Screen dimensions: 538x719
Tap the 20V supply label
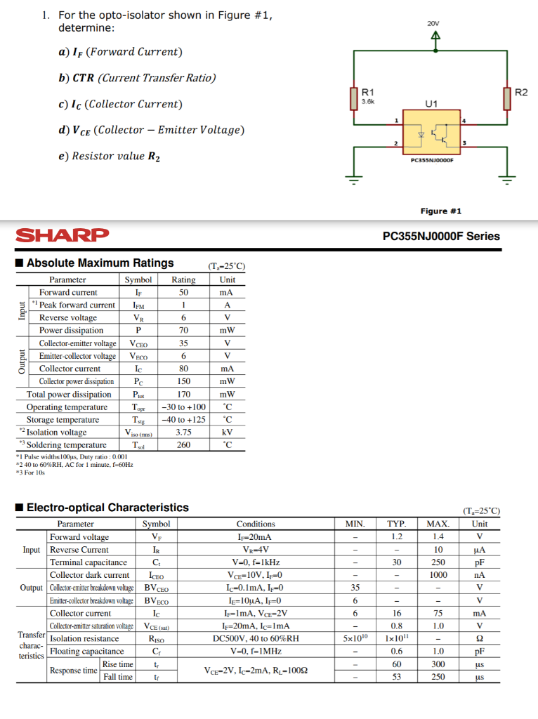pos(433,24)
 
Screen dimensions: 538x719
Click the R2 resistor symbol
pos(507,98)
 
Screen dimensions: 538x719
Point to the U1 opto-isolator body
pos(432,133)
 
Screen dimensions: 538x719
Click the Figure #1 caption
pos(440,211)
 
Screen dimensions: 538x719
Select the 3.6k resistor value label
pos(367,101)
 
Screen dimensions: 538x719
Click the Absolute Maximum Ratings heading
pos(100,263)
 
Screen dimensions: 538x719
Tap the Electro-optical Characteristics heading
pos(107,507)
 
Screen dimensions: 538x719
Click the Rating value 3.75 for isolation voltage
pos(183,433)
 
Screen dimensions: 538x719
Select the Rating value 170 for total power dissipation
pos(183,395)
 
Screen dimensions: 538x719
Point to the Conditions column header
pos(256,524)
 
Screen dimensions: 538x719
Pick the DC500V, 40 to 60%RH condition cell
pos(256,638)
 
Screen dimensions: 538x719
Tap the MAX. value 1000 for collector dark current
pos(438,575)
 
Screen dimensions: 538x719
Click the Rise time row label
pos(117,664)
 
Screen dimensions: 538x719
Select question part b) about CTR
pos(137,78)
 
